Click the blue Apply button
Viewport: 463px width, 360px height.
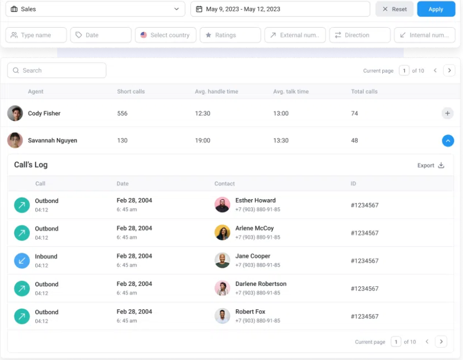point(436,9)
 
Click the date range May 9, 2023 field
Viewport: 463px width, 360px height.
point(280,9)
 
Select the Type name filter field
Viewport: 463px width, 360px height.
point(36,35)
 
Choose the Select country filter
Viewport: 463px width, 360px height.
point(165,35)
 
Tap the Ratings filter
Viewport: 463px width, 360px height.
point(230,35)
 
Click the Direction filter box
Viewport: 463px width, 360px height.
point(359,35)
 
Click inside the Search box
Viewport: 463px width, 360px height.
point(57,71)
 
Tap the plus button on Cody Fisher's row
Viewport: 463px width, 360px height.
point(447,113)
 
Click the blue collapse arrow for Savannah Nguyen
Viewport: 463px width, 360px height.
point(447,140)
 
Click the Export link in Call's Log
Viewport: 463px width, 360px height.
point(430,166)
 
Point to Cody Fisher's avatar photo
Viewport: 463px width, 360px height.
point(15,113)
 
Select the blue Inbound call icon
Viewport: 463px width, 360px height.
point(22,261)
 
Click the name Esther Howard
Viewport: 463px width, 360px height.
point(255,201)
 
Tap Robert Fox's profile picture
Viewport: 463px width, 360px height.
point(222,316)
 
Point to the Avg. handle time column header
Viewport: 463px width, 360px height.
point(217,92)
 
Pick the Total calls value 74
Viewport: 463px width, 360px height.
point(354,114)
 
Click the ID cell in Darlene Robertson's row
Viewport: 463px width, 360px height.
point(364,289)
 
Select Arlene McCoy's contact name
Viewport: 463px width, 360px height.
point(254,229)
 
